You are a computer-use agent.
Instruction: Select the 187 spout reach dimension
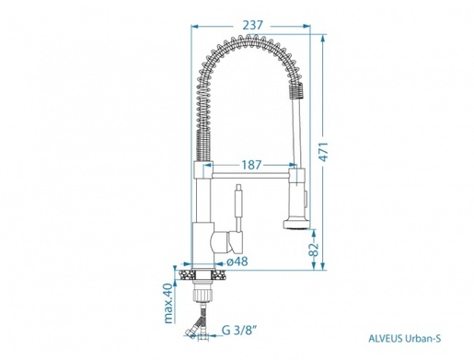point(250,163)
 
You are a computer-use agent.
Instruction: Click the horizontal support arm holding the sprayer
point(249,173)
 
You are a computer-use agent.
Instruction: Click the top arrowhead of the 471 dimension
point(322,38)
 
